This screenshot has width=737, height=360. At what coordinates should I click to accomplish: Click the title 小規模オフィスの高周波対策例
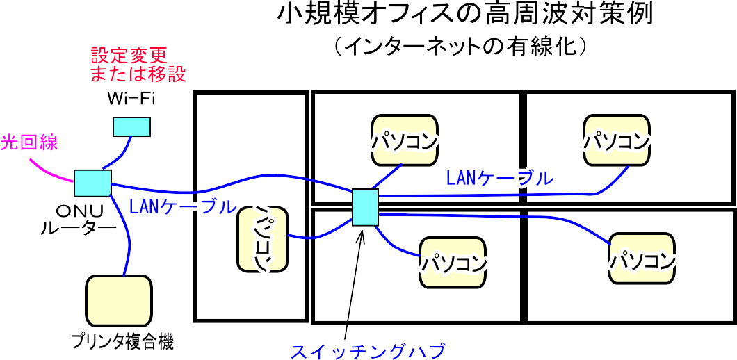(x=465, y=15)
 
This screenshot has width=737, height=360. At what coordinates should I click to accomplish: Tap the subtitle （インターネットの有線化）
(x=462, y=47)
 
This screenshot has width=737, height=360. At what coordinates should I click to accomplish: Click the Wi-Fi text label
(x=131, y=99)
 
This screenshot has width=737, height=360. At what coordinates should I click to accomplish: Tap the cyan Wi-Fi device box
(x=132, y=126)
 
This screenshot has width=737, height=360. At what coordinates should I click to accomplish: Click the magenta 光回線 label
(x=29, y=143)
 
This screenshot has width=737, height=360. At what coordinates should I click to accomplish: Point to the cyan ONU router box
(x=92, y=183)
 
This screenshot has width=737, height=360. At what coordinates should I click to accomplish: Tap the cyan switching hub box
(x=365, y=207)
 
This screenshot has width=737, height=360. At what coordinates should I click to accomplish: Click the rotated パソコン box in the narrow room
(x=263, y=238)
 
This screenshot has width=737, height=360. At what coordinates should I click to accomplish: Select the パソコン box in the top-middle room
(x=404, y=140)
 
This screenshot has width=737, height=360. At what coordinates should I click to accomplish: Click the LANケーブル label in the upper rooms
(x=501, y=178)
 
